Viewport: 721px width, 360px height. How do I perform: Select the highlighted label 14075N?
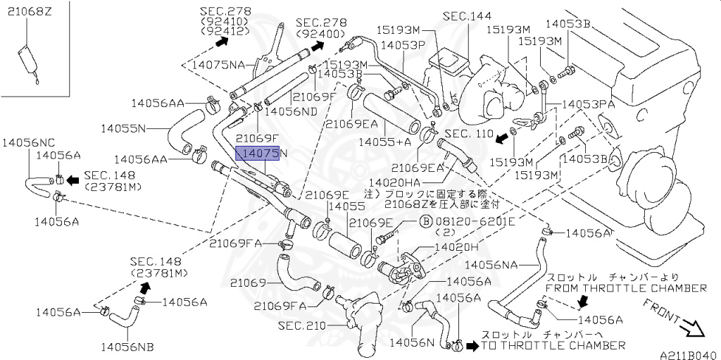(x=258, y=153)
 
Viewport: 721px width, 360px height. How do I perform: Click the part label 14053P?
(x=403, y=44)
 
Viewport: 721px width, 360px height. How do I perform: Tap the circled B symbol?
(x=426, y=221)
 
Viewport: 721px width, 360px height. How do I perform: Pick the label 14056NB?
(x=127, y=346)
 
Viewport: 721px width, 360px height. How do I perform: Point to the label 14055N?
(x=123, y=128)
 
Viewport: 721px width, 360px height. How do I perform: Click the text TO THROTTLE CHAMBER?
(x=553, y=345)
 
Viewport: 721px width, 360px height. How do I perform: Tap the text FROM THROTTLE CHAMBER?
(x=626, y=288)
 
